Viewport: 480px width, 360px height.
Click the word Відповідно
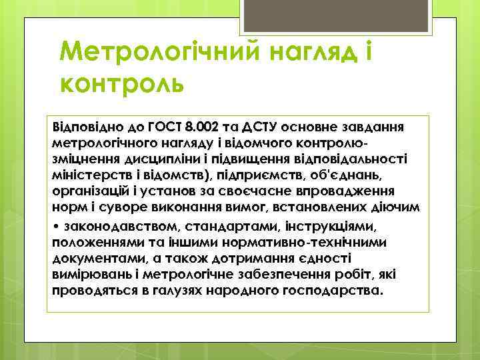tap(81, 127)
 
